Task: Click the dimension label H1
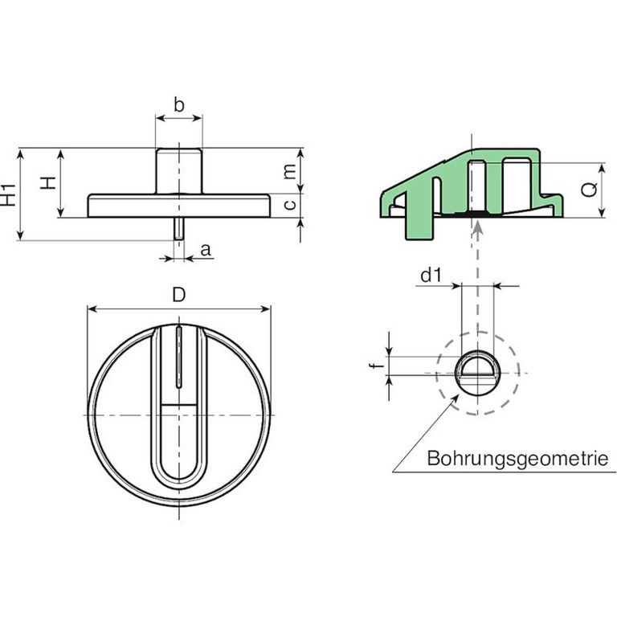[x=9, y=194]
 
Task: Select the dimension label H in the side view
[x=48, y=182]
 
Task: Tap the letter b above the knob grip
[x=179, y=105]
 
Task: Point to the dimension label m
[x=290, y=172]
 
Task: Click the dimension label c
[x=290, y=205]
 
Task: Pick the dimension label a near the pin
[x=206, y=250]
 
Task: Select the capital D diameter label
[x=179, y=295]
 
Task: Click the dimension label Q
[x=589, y=190]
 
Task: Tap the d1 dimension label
[x=431, y=275]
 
